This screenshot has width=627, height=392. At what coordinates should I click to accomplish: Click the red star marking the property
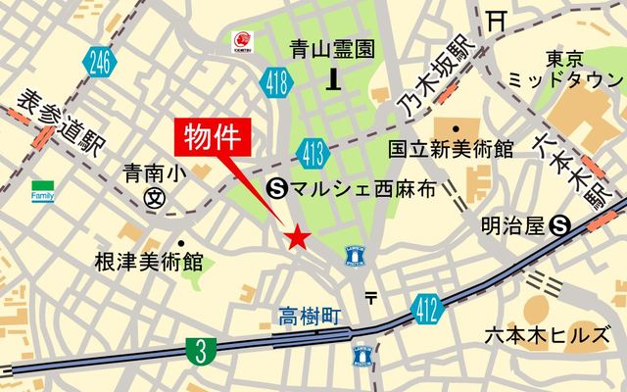(x=297, y=237)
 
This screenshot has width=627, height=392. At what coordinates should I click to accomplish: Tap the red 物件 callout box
(x=213, y=136)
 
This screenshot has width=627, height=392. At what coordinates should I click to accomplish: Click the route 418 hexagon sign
(x=275, y=86)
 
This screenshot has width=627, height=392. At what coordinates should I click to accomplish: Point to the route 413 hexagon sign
(x=313, y=152)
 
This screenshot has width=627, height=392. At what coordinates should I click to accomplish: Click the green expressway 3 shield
(x=201, y=350)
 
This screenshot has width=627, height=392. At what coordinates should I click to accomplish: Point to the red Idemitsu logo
(x=240, y=40)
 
